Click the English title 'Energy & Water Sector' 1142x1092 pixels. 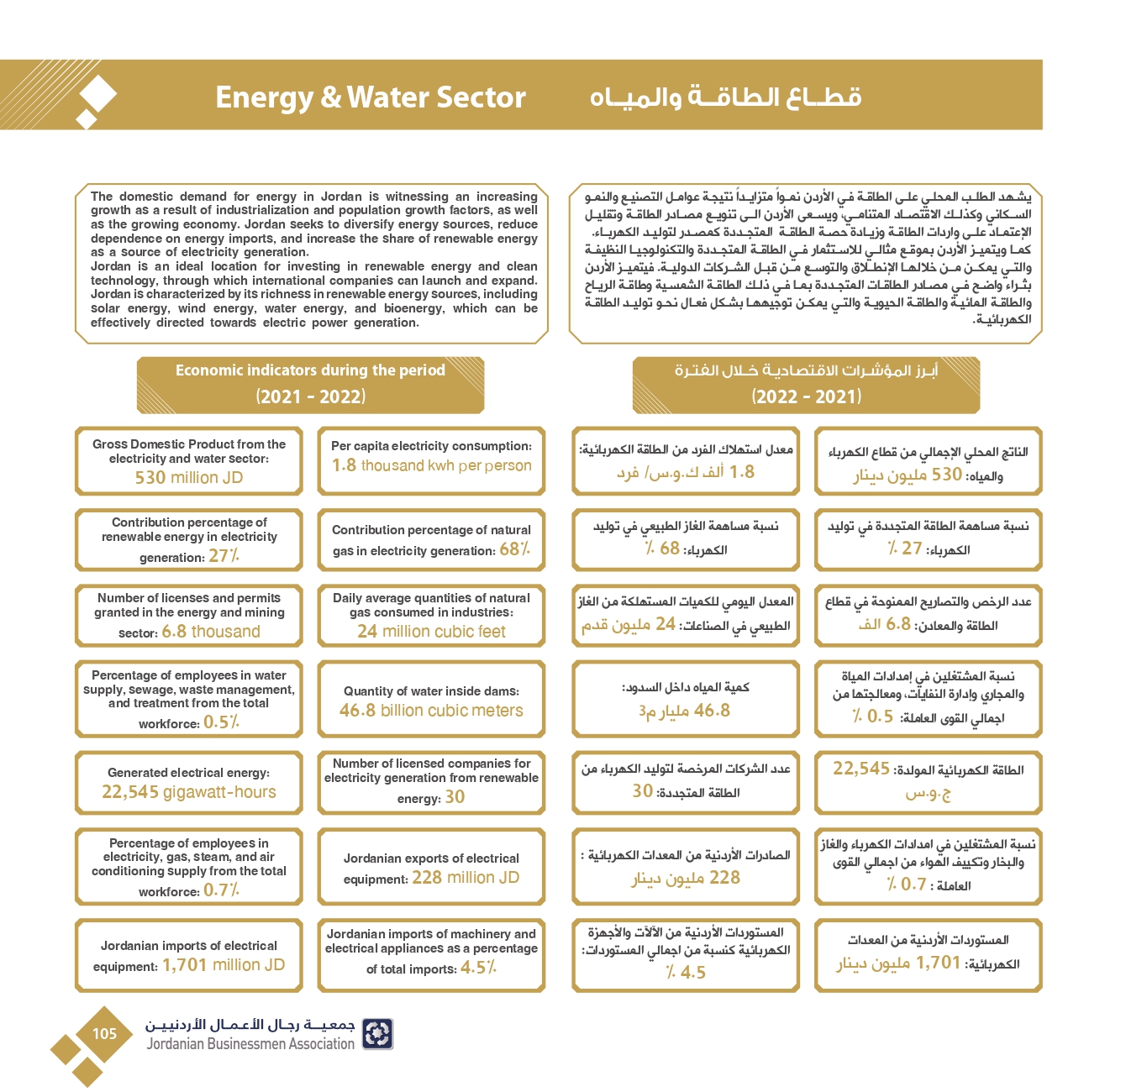pos(371,97)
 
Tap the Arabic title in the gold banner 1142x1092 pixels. pos(725,97)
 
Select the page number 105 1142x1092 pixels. pos(104,1034)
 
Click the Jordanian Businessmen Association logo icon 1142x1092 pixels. pos(377,1034)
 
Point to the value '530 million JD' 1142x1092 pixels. pos(189,478)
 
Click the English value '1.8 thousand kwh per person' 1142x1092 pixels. pos(431,465)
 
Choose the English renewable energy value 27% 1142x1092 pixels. pos(224,556)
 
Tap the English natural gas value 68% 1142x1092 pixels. pos(514,549)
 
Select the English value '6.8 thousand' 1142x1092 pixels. pos(211,632)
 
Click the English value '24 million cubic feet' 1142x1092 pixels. pos(431,632)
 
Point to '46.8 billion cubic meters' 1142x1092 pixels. pos(431,711)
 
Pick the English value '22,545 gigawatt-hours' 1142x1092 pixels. pos(189,792)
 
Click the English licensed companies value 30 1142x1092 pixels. pos(455,797)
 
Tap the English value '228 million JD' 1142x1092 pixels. pos(466,878)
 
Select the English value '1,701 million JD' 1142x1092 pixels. pos(224,965)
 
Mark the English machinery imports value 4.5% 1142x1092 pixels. pos(478,968)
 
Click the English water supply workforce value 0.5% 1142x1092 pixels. pos(221,722)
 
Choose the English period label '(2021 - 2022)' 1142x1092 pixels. pos(311,396)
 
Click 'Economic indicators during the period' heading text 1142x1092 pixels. pos(310,370)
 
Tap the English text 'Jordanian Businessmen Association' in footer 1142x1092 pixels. pos(250,1044)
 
